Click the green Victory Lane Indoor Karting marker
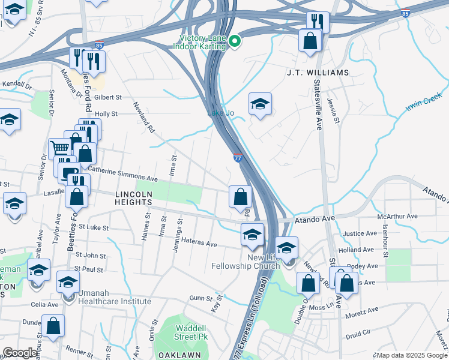[235, 41]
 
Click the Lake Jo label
[220, 113]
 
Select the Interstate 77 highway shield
[238, 158]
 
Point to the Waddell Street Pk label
[191, 332]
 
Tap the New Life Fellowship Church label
[246, 262]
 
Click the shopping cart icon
[59, 147]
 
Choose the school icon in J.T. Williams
[260, 103]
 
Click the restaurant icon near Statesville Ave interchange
[318, 22]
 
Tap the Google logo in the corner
[20, 353]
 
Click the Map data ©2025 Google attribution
[411, 355]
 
